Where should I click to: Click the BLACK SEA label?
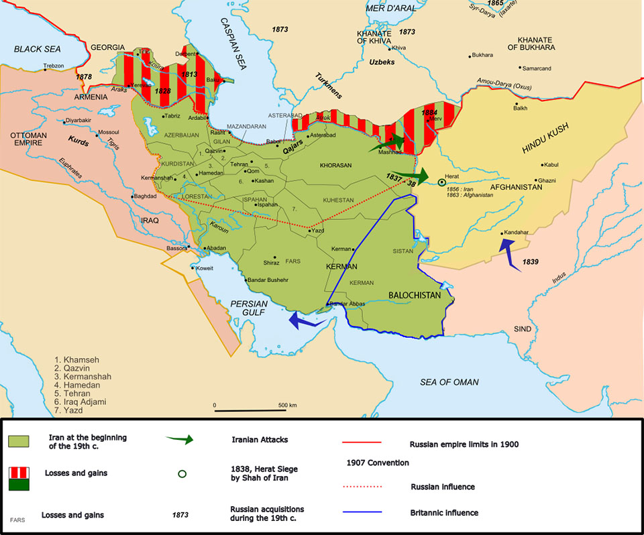(x=37, y=49)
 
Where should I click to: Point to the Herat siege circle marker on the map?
(x=441, y=182)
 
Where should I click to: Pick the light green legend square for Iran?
(x=17, y=441)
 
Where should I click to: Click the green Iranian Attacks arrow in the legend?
(x=179, y=440)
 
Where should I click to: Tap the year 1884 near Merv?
(x=429, y=113)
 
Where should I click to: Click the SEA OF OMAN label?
(x=449, y=382)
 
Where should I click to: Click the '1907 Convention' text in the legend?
(x=379, y=463)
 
